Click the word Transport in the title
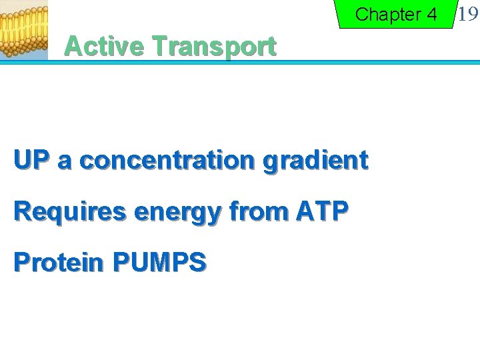[x=213, y=47]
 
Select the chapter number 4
[x=431, y=14]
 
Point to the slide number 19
[x=468, y=13]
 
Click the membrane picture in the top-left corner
[x=24, y=30]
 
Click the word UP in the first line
[x=32, y=160]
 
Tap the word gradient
[x=316, y=161]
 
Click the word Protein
[x=59, y=263]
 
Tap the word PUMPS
[x=159, y=263]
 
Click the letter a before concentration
[x=65, y=161]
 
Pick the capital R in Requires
[x=21, y=211]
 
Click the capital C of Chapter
[x=362, y=14]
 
